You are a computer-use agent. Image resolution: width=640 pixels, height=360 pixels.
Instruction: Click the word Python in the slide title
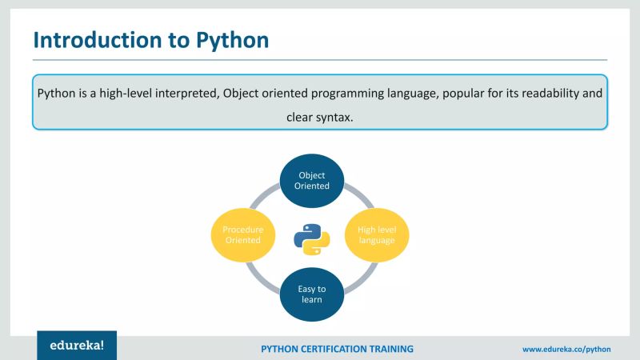coord(232,40)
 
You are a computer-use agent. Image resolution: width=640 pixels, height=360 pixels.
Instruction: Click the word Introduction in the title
coord(98,39)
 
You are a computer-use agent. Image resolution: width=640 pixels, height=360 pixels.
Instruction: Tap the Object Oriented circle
coord(312,180)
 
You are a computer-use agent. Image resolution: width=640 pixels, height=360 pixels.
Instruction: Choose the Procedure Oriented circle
coord(243,234)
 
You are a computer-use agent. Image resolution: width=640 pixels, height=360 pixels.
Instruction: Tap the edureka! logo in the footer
coord(77,346)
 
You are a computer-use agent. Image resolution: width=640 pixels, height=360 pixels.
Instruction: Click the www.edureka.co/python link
coord(566,350)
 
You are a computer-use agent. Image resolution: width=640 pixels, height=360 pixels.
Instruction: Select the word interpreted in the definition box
coord(186,94)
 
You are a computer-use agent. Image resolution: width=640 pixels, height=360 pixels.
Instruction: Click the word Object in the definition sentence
coord(242,94)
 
